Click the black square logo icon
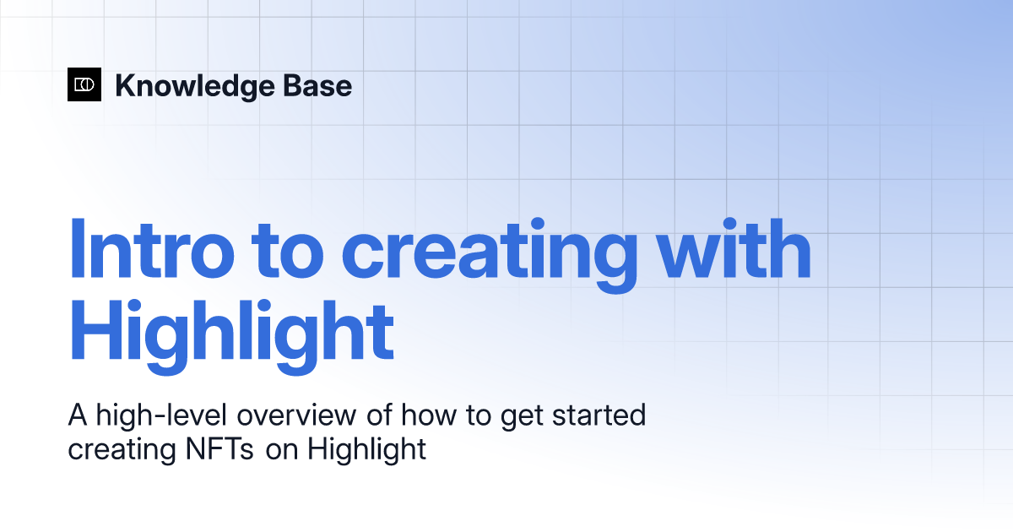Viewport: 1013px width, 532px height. click(x=84, y=84)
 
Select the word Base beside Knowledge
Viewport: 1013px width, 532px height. click(x=317, y=85)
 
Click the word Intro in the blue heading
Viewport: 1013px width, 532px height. click(x=152, y=249)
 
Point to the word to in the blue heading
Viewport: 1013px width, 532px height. click(x=288, y=252)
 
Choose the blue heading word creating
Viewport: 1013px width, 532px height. click(x=490, y=256)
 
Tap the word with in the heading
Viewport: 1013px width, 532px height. click(x=734, y=248)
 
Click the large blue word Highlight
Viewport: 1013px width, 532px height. click(x=231, y=337)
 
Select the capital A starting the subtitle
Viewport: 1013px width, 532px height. click(x=78, y=415)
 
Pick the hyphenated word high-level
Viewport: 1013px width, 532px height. click(x=161, y=416)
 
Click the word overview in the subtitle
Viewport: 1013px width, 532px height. click(x=296, y=415)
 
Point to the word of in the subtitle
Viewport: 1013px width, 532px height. click(x=379, y=415)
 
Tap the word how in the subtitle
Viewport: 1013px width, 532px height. click(x=429, y=415)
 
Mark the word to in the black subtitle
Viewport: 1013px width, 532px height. click(x=479, y=415)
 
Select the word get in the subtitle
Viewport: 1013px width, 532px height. click(x=522, y=418)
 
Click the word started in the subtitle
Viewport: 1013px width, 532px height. click(x=599, y=415)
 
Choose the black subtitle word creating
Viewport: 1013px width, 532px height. click(x=122, y=451)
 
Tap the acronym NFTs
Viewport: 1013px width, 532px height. click(x=219, y=448)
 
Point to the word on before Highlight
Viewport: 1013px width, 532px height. click(x=282, y=451)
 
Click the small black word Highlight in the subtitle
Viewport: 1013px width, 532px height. click(x=366, y=451)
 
